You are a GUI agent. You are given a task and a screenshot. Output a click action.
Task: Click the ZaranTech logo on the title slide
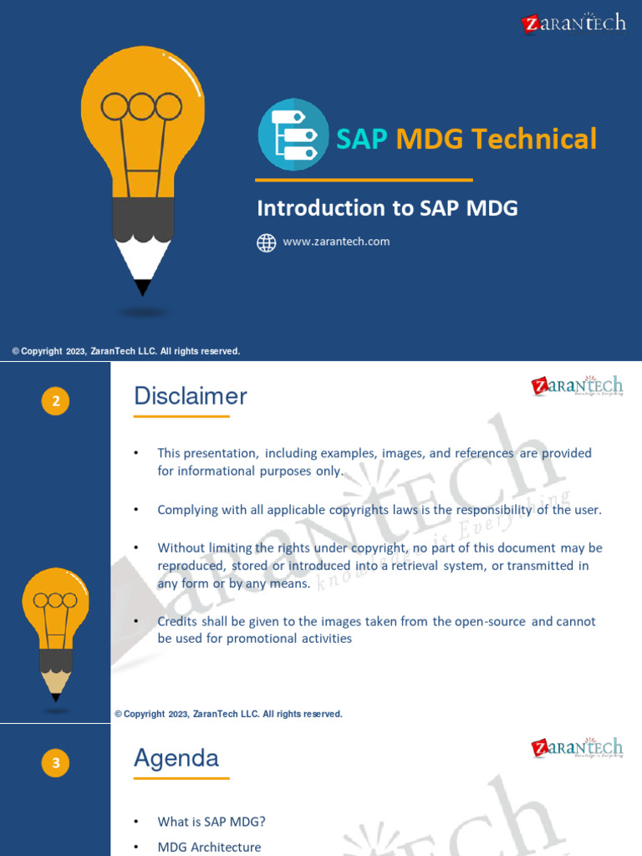(x=573, y=23)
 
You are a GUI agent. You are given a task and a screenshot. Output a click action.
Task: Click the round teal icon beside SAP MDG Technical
(x=293, y=135)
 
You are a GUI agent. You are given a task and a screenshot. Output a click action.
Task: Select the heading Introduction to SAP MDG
(x=387, y=208)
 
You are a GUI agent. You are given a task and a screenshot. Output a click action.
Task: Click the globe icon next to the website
(x=266, y=242)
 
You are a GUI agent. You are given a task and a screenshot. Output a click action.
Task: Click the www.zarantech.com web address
(x=336, y=242)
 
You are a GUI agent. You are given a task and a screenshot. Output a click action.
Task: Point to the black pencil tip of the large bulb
(x=143, y=287)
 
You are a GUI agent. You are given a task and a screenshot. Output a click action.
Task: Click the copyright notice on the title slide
(x=126, y=351)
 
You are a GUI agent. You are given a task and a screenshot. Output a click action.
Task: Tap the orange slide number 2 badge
(x=55, y=402)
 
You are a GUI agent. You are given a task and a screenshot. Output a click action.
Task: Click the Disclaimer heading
(x=191, y=396)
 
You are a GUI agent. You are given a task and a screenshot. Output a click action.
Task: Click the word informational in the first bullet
(x=216, y=471)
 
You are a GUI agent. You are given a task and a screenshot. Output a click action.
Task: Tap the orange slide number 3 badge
(x=55, y=762)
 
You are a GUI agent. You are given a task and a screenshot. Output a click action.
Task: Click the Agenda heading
(x=176, y=758)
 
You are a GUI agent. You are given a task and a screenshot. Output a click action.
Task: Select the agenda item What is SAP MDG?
(x=211, y=822)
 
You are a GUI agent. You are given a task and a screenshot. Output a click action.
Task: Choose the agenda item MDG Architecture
(x=209, y=847)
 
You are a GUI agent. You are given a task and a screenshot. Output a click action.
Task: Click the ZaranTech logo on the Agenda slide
(x=577, y=747)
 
